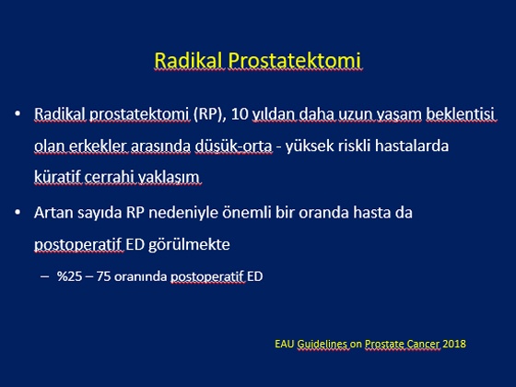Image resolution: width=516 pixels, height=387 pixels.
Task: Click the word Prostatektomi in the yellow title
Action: pos(295,61)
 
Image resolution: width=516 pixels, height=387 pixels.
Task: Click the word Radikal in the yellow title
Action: pos(189,61)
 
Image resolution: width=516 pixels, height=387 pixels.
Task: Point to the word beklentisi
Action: pos(461,114)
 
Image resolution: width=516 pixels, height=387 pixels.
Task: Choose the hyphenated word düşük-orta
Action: pos(234,146)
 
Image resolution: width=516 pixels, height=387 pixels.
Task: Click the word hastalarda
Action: pos(412,146)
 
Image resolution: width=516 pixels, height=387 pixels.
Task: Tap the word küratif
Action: pos(57,177)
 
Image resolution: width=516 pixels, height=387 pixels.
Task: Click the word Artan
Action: pos(53,212)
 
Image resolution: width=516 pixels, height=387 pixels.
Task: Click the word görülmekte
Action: pos(189,244)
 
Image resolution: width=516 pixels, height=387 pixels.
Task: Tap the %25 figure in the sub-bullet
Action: pos(69,276)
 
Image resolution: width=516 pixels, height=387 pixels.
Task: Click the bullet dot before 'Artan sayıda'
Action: pos(18,213)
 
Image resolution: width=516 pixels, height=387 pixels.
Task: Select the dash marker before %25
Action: pos(44,276)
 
